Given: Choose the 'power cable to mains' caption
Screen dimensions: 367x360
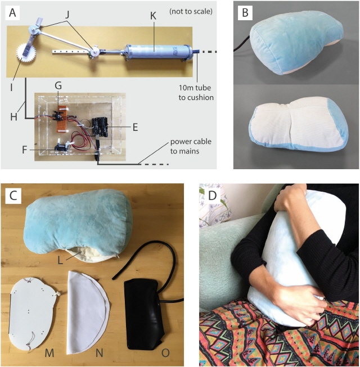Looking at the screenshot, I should [191, 148].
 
